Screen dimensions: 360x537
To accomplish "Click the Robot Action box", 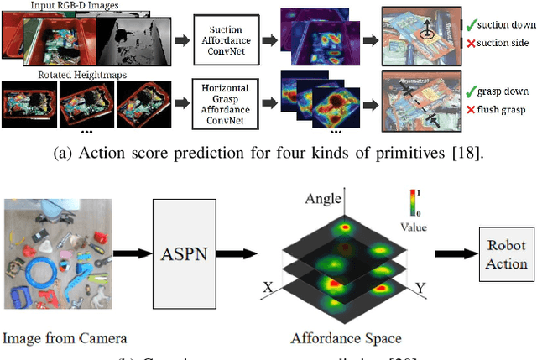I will tap(507, 253).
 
